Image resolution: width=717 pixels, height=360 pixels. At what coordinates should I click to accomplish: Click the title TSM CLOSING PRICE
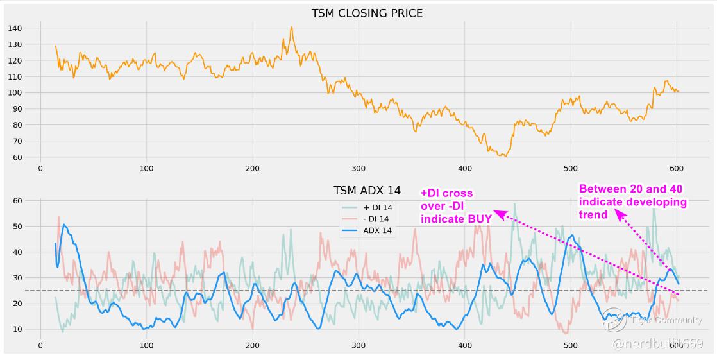point(367,13)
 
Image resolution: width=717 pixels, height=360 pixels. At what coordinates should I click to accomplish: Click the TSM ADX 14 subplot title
point(367,191)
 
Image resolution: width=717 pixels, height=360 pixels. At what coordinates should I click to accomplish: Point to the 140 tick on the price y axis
point(15,28)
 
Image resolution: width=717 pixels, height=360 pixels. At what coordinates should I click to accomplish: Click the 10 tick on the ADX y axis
point(18,329)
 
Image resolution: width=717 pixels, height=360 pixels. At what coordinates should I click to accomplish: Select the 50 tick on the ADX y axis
point(18,227)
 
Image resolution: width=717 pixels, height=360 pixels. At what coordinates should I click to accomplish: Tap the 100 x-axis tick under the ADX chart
point(146,345)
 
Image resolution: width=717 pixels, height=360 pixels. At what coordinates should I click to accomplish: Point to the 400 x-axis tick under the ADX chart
point(464,345)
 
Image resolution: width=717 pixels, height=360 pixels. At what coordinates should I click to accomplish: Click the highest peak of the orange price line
point(291,28)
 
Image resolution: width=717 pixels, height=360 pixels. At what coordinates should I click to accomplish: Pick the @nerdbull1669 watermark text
point(657,345)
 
